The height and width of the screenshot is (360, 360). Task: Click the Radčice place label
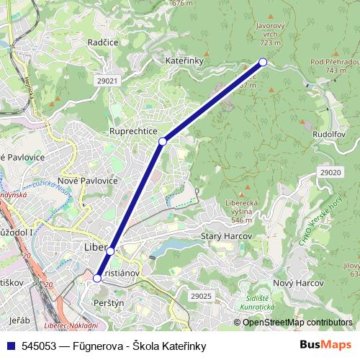102,42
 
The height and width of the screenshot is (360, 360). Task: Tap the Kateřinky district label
186,61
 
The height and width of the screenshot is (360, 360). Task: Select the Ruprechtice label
133,131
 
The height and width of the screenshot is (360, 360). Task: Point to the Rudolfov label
330,134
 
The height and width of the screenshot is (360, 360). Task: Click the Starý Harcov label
226,236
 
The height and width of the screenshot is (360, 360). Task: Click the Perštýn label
109,305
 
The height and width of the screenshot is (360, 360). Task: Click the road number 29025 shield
201,296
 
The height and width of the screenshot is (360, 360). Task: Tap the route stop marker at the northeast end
263,62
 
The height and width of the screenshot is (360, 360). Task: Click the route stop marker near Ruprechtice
163,141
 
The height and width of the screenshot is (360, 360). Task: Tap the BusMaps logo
326,345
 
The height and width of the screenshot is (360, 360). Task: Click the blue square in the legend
9,345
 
